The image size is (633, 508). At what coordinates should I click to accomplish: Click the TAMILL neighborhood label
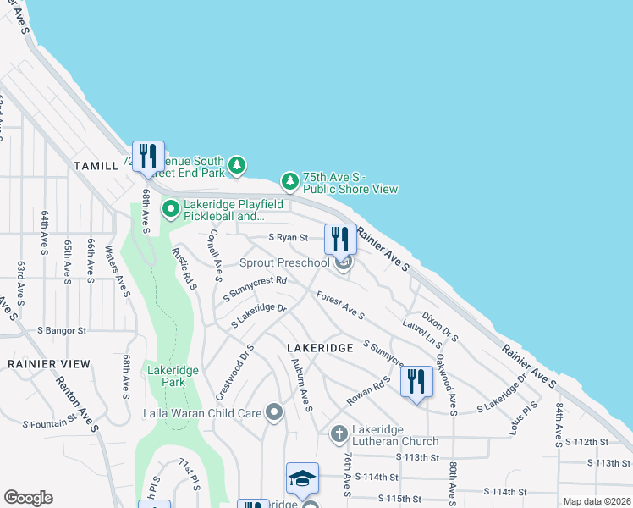[x=96, y=165]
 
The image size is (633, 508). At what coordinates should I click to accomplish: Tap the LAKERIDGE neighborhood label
[x=318, y=348]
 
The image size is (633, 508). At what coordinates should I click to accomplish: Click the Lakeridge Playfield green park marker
[x=170, y=207]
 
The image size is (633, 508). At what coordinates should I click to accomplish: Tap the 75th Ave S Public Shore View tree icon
[x=290, y=180]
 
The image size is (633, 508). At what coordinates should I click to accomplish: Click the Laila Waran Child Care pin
[x=273, y=413]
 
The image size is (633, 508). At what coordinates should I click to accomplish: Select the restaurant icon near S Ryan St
[x=340, y=239]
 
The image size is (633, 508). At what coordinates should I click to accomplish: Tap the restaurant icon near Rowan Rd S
[x=416, y=381]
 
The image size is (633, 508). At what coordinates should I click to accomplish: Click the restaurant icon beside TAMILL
[x=148, y=156]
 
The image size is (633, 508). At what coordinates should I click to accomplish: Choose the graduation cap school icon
[x=302, y=478]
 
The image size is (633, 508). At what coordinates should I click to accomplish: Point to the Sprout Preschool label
[x=283, y=262]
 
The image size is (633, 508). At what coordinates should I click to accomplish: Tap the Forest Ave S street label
[x=339, y=306]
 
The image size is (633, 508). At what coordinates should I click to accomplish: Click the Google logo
[x=28, y=498]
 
